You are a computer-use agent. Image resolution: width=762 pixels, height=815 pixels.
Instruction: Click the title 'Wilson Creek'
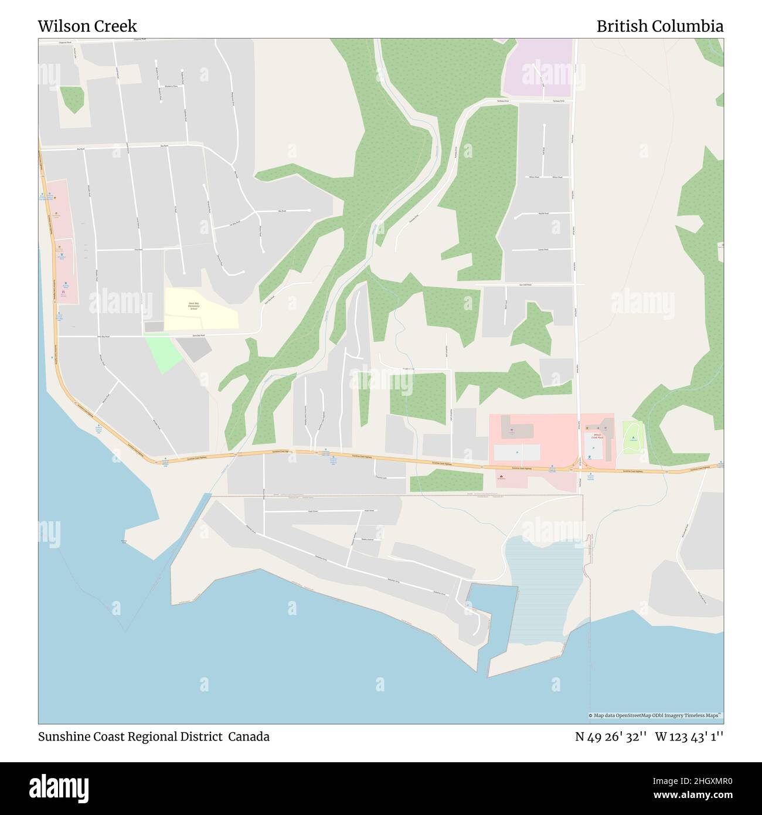(87, 26)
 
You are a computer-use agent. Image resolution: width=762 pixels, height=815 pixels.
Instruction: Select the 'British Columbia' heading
(659, 26)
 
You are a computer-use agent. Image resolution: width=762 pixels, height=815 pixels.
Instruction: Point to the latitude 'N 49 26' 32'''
(611, 737)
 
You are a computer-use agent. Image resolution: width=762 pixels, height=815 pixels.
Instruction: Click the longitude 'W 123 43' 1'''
(689, 737)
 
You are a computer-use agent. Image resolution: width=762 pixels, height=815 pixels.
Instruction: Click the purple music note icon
(63, 291)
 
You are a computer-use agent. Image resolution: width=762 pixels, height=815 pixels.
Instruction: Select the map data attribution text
(655, 715)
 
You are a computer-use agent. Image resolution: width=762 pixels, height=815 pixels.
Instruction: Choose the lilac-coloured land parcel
(538, 67)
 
